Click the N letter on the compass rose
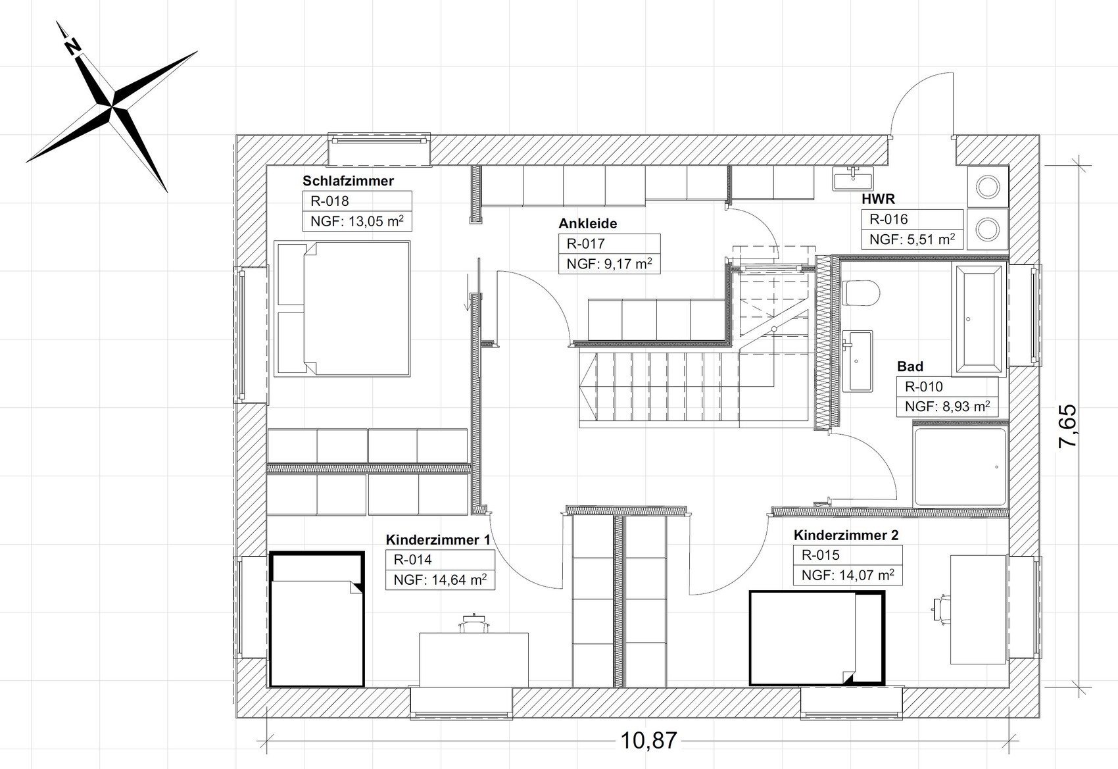pyautogui.click(x=74, y=47)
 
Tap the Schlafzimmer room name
pyautogui.click(x=348, y=181)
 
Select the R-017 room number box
pyautogui.click(x=609, y=243)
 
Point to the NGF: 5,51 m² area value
pyautogui.click(x=912, y=239)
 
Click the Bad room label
pyautogui.click(x=910, y=366)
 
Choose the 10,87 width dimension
pyautogui.click(x=649, y=740)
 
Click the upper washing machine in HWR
pyautogui.click(x=988, y=187)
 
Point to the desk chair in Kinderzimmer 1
pyautogui.click(x=474, y=624)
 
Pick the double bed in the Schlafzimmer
pyautogui.click(x=342, y=309)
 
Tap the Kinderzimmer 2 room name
pyautogui.click(x=846, y=535)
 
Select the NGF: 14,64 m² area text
pyautogui.click(x=440, y=580)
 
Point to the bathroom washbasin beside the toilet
pyautogui.click(x=858, y=360)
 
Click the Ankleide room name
pyautogui.click(x=587, y=224)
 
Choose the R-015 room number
pyautogui.click(x=821, y=555)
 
